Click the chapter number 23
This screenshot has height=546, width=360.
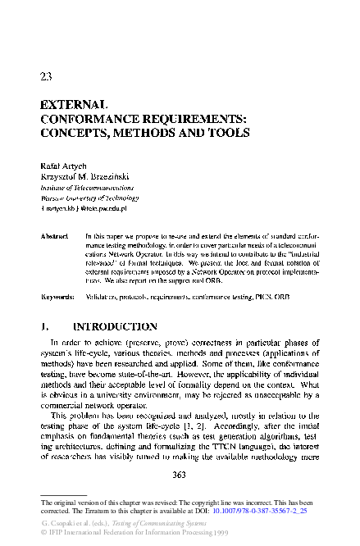[47, 77]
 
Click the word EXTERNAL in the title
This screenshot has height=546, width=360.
[75, 106]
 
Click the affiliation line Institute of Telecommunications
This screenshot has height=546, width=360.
[87, 187]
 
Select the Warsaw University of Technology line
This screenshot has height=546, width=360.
[89, 198]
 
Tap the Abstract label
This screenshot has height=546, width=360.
[53, 235]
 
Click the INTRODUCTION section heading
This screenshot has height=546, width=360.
[119, 326]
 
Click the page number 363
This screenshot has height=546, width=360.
[180, 474]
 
